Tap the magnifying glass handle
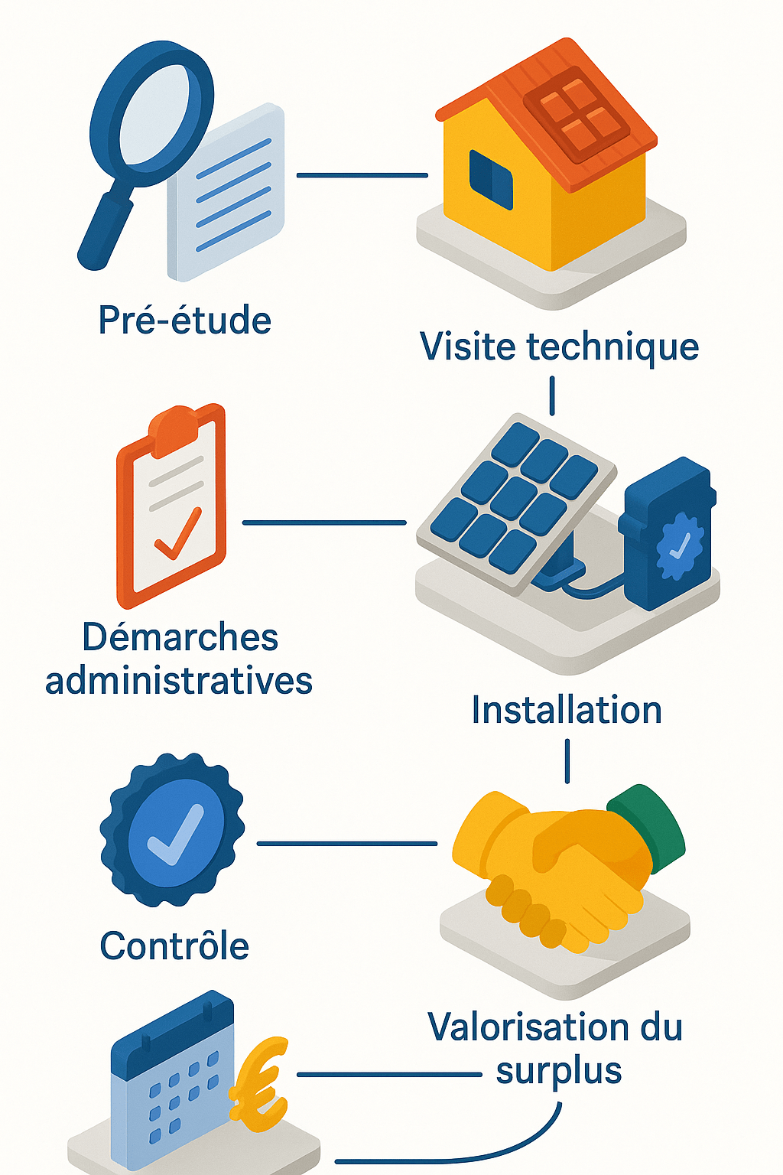click(106, 230)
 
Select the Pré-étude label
click(185, 320)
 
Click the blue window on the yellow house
click(490, 179)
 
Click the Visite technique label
click(559, 347)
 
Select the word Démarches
click(180, 637)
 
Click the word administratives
click(179, 681)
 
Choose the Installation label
click(566, 710)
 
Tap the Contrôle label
click(174, 946)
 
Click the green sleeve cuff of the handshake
click(648, 826)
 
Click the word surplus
click(559, 1071)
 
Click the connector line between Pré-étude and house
click(362, 175)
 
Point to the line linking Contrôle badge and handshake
click(346, 844)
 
